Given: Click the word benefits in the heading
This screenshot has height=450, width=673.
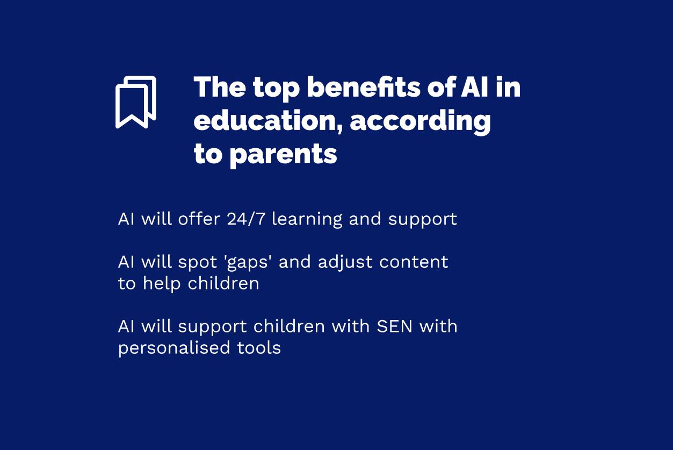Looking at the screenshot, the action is pyautogui.click(x=364, y=87).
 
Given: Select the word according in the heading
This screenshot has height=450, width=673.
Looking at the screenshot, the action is pyautogui.click(x=421, y=122).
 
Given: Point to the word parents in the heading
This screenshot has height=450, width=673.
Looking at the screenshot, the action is pyautogui.click(x=283, y=155).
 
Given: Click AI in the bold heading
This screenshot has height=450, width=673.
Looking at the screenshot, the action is pyautogui.click(x=474, y=87).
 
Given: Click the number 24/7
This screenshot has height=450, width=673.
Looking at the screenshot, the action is pyautogui.click(x=246, y=219).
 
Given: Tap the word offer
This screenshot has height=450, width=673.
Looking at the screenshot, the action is pyautogui.click(x=199, y=219).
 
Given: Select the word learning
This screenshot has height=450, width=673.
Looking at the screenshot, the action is pyautogui.click(x=307, y=220).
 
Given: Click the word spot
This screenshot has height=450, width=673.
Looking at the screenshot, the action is pyautogui.click(x=198, y=262).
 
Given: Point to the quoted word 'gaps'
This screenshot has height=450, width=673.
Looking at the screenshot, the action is pyautogui.click(x=248, y=263).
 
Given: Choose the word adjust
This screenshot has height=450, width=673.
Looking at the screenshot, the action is pyautogui.click(x=345, y=262).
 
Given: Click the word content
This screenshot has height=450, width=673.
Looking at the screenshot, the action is pyautogui.click(x=414, y=262).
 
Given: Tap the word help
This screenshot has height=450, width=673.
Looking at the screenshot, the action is pyautogui.click(x=162, y=284).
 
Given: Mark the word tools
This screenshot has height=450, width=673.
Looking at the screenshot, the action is pyautogui.click(x=259, y=347).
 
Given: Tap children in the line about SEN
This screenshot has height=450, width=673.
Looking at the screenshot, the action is pyautogui.click(x=289, y=326).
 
